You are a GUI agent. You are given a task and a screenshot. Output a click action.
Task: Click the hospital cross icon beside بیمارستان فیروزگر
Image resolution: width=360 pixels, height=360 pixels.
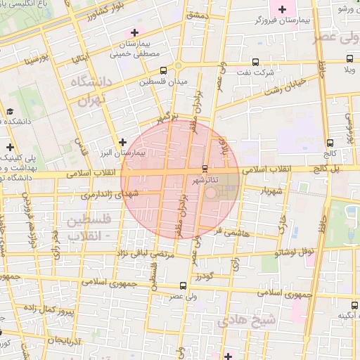[283, 10]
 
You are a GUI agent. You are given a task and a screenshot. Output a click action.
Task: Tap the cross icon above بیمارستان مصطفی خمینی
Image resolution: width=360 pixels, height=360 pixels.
[134, 32]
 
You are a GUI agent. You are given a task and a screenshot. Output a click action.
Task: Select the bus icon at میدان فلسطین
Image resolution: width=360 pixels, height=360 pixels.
[164, 71]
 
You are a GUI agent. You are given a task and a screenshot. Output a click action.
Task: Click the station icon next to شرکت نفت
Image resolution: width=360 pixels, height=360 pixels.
[255, 60]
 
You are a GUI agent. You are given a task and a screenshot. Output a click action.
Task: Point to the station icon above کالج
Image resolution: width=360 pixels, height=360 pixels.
[330, 143]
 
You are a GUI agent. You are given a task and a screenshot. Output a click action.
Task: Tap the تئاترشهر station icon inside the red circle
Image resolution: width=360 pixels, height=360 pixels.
[205, 169]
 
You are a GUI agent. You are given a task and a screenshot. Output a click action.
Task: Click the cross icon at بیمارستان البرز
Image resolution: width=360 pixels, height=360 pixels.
[122, 142]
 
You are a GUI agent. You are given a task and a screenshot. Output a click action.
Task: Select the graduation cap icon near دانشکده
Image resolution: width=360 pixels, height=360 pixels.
[10, 111]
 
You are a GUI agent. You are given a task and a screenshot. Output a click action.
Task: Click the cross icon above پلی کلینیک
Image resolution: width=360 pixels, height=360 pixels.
[10, 147]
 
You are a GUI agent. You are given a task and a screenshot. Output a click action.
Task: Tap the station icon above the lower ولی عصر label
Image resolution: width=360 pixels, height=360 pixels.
[184, 285]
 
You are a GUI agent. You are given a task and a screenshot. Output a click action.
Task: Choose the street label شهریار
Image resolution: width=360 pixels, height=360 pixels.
[272, 191]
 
